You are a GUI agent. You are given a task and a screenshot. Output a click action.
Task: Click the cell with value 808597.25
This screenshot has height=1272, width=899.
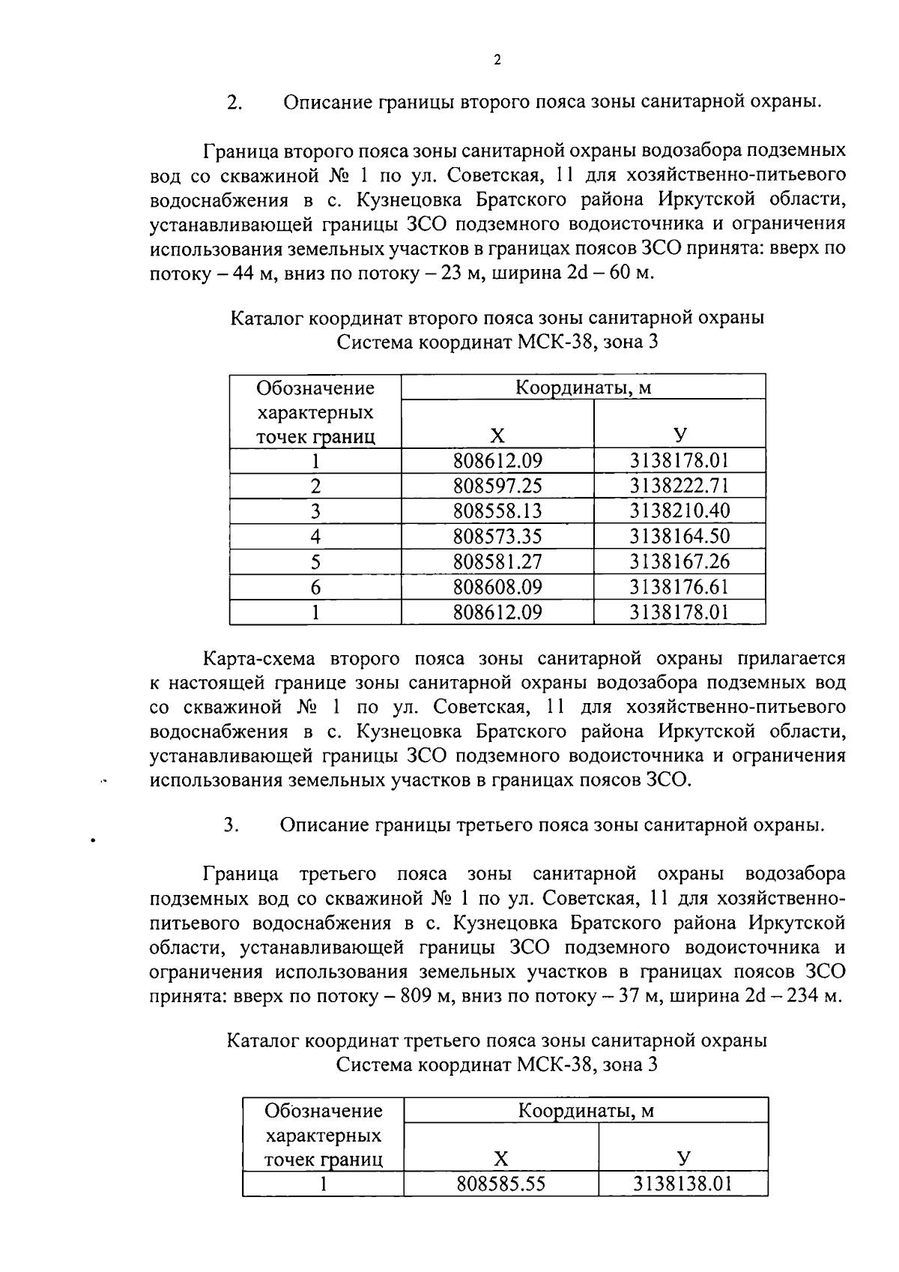point(497,486)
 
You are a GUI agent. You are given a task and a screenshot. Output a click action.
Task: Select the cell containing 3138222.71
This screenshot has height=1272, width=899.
point(679,486)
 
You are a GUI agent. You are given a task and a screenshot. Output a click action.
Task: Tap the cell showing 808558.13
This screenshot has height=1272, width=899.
point(497,511)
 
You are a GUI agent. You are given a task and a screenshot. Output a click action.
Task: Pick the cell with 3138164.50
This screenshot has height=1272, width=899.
point(679,537)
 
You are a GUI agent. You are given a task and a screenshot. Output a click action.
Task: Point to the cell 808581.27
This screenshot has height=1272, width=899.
point(497,561)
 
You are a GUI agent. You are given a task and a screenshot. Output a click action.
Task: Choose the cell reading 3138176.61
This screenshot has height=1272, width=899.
point(679,586)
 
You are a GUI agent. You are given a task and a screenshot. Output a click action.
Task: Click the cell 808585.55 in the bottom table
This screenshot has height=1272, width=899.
point(500,1184)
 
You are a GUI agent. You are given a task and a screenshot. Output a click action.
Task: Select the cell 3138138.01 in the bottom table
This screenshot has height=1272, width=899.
point(682,1184)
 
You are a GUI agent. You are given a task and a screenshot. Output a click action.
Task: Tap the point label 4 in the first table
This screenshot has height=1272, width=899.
point(315,537)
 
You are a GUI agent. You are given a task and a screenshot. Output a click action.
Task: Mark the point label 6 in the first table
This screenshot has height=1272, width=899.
point(315,587)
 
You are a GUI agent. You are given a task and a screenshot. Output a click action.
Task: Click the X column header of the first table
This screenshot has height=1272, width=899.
point(497,436)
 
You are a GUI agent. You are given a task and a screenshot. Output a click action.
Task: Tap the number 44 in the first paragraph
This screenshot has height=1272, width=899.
point(245,273)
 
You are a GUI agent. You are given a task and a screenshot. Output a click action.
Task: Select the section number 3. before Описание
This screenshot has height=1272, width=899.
point(231,825)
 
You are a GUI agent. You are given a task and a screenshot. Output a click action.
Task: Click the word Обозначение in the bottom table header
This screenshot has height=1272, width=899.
point(324,1111)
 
